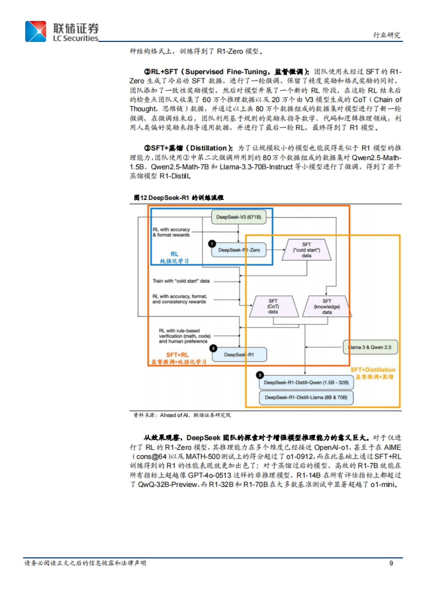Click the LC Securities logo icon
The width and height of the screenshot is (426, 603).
35,32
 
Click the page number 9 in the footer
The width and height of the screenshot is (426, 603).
391,563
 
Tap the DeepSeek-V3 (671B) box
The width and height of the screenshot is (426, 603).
239,217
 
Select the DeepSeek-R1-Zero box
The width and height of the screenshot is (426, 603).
239,250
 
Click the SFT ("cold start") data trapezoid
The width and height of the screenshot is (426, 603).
306,250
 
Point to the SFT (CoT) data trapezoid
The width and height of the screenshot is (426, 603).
273,306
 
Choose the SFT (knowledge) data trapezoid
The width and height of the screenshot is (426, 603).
327,306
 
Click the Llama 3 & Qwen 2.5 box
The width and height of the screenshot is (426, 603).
370,347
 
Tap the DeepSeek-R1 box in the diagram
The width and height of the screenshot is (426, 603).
239,354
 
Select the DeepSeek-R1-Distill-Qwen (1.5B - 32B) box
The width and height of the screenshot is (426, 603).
306,382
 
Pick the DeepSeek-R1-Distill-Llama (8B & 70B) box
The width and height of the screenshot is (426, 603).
306,397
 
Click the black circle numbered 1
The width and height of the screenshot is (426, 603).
212,244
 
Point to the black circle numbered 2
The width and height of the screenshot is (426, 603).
213,348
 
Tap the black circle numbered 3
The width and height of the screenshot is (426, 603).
260,375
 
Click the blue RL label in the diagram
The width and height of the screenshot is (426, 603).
174,254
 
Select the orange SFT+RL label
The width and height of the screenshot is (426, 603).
177,355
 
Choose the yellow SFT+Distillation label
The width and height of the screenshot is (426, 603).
373,370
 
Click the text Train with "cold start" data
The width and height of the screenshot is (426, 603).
181,281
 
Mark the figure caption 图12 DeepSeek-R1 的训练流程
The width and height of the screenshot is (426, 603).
179,198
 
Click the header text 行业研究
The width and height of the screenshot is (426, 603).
387,35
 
